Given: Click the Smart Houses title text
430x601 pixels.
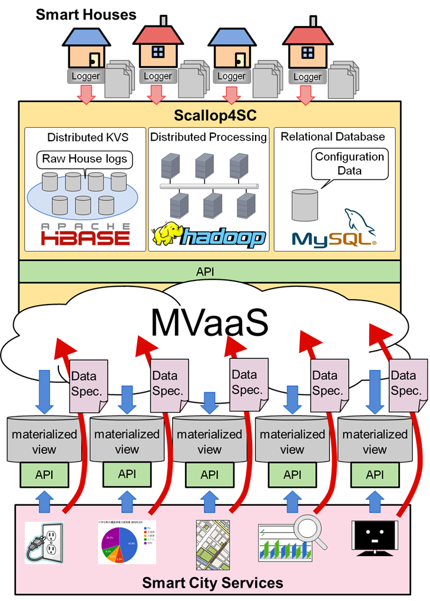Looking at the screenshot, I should pos(86,15).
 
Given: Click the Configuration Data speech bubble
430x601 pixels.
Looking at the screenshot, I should pos(349,163).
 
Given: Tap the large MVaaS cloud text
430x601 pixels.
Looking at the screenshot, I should pos(210,321).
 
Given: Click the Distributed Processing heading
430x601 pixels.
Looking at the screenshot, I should pos(209,137).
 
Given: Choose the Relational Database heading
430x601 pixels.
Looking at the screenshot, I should pos(332,137).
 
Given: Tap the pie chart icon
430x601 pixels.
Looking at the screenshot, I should pos(127,541).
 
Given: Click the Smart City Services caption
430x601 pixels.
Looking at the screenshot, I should pos(213,583).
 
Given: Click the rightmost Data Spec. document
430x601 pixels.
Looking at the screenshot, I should pos(407,384).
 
